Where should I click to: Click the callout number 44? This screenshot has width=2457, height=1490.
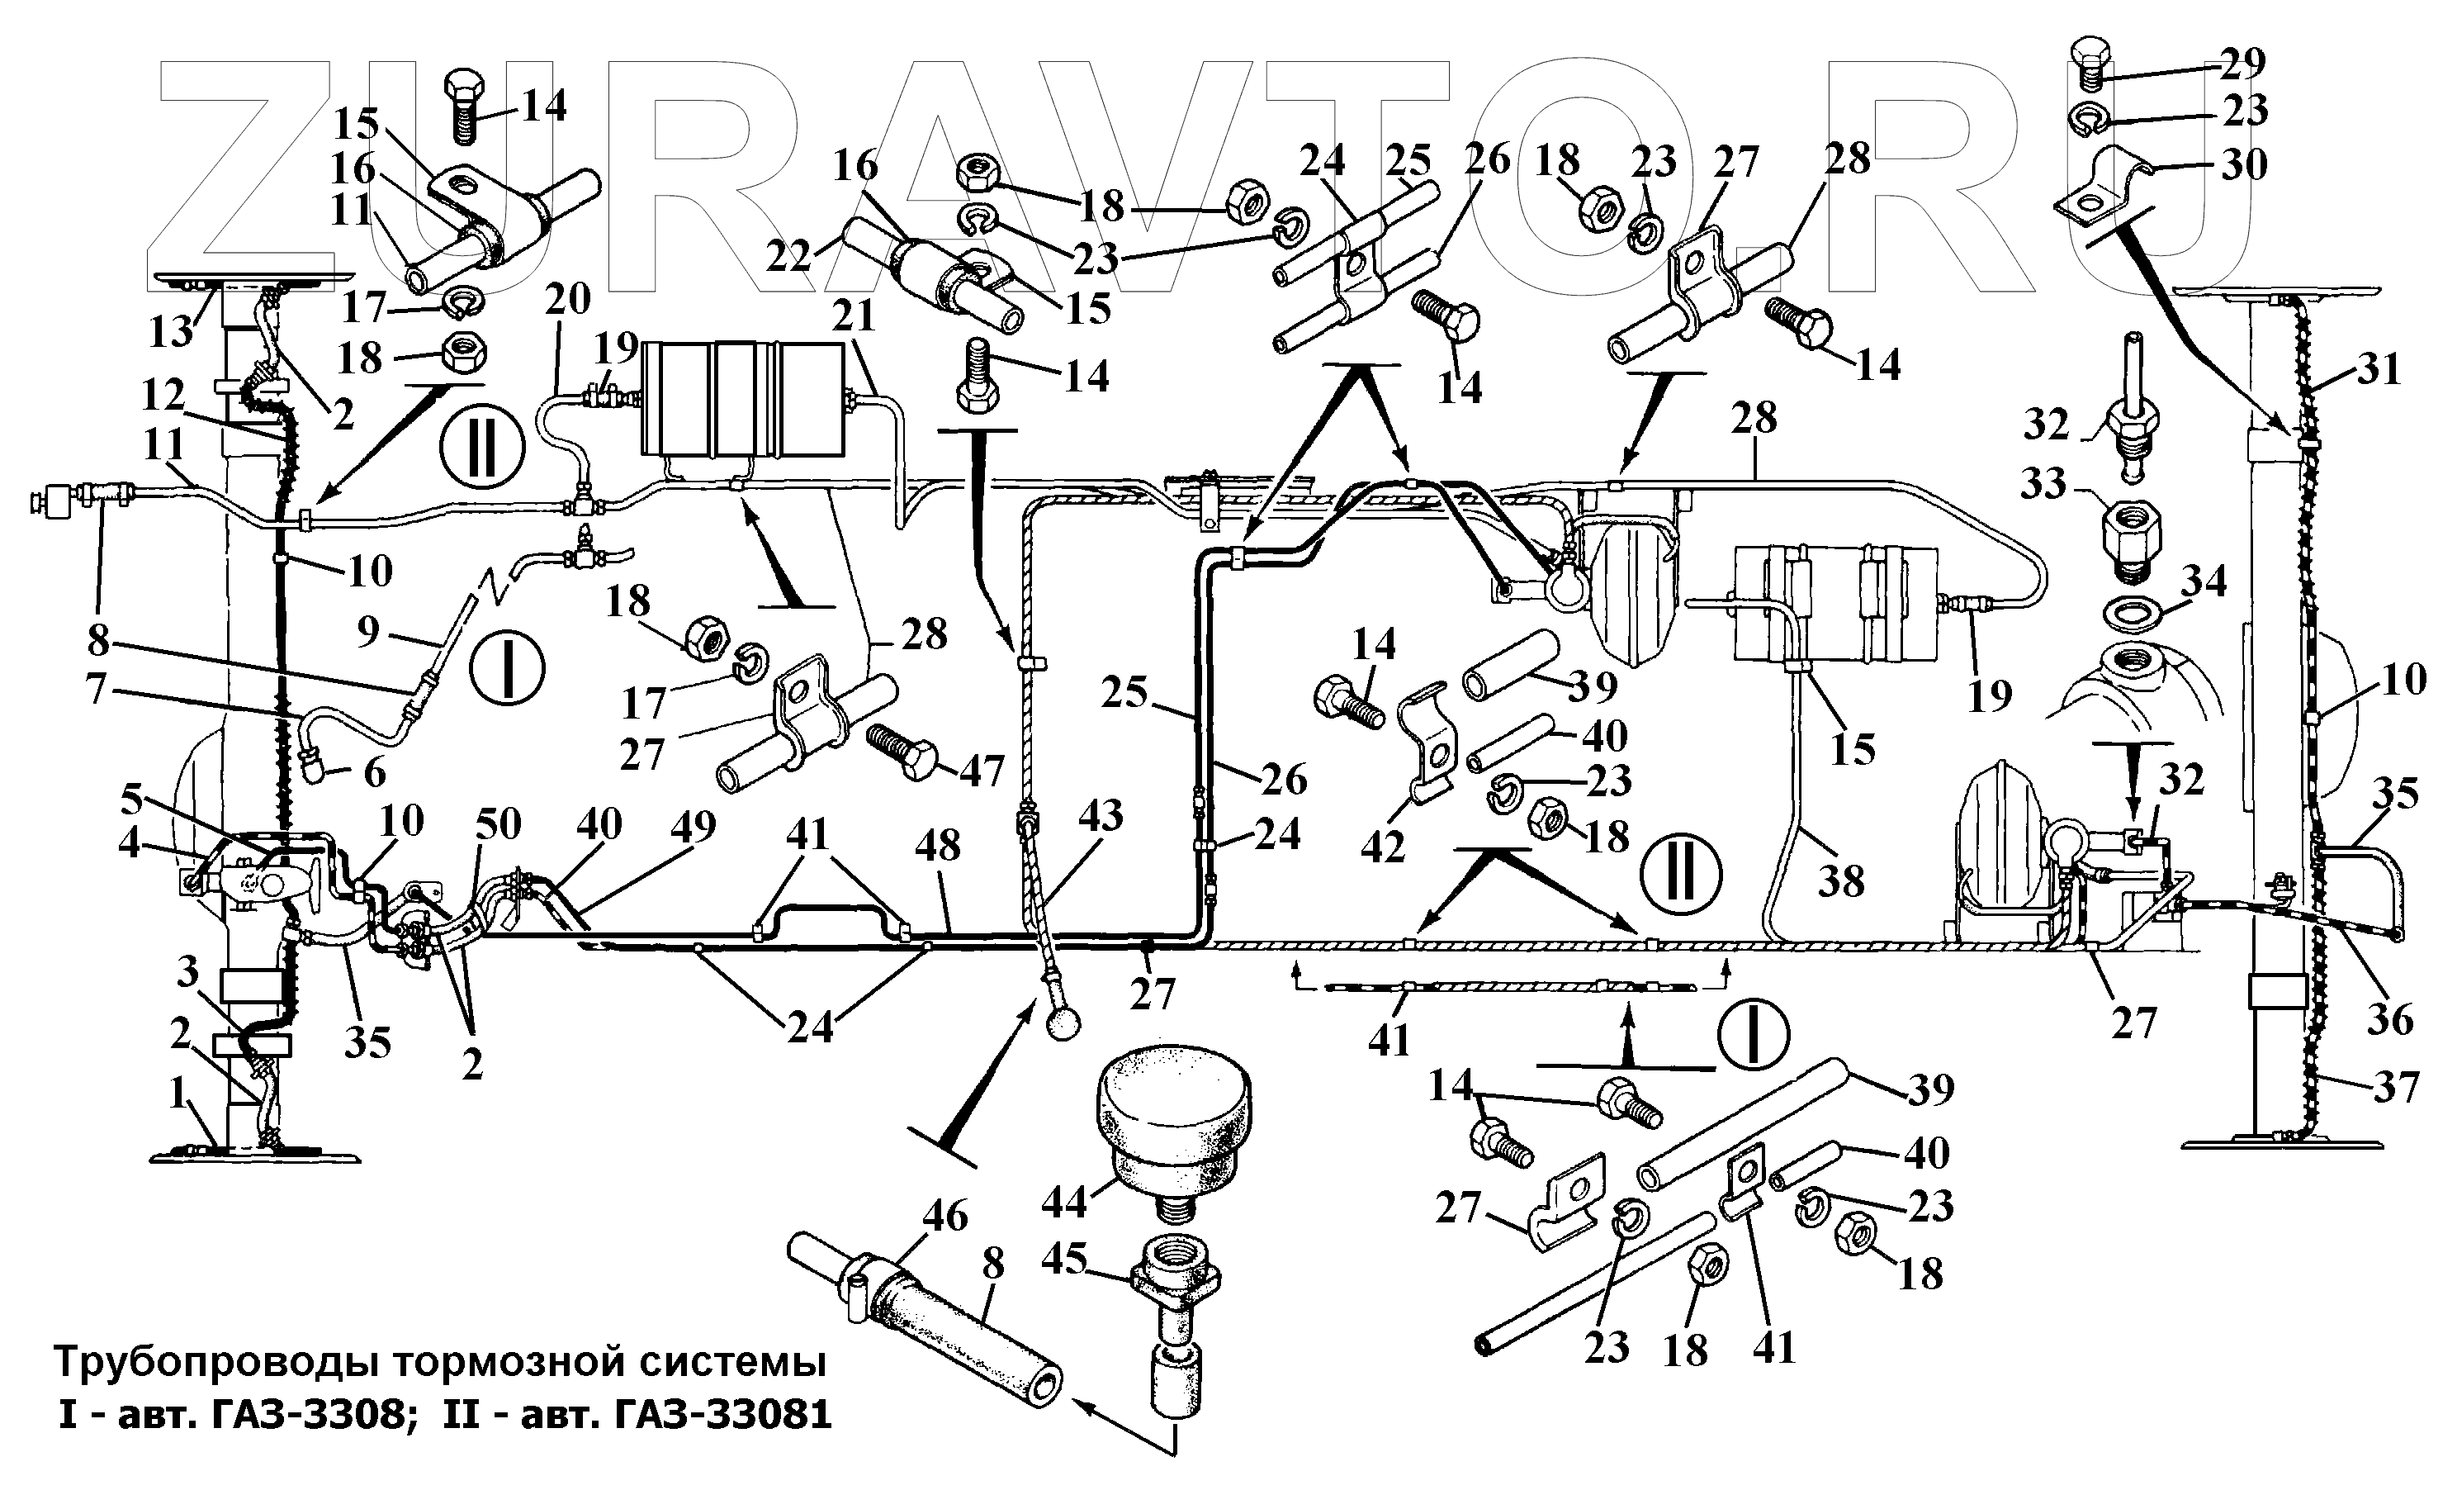(1064, 1202)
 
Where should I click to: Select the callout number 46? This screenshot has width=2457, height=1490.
(944, 1216)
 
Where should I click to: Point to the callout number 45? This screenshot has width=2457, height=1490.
(1064, 1259)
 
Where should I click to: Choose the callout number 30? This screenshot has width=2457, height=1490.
(2244, 164)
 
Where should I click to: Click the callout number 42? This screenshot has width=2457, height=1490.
(1382, 846)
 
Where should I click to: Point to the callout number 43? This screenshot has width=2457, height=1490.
(1101, 816)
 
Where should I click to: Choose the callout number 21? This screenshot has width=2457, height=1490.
(855, 316)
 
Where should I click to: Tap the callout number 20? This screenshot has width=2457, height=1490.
(568, 298)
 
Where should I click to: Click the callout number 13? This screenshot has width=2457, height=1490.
(171, 330)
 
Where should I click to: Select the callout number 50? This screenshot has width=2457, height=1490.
(499, 823)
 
